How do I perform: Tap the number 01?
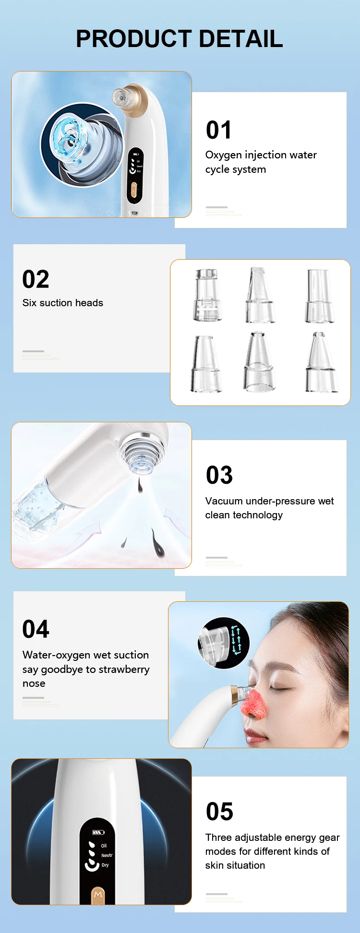click(219, 130)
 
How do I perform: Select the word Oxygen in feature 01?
click(223, 155)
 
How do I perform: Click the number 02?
click(36, 279)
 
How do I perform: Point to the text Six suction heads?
click(63, 303)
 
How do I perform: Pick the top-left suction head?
click(207, 295)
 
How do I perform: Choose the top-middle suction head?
click(260, 295)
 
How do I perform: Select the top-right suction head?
click(319, 296)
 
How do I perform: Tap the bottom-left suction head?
click(206, 364)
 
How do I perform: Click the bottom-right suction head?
click(321, 362)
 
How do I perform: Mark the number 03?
click(219, 475)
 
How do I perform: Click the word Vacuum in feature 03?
click(224, 501)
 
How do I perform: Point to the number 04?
click(36, 629)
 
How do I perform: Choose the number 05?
click(219, 812)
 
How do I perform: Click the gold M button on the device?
click(98, 895)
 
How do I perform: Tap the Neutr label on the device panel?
click(107, 855)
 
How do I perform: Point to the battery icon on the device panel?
click(98, 832)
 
